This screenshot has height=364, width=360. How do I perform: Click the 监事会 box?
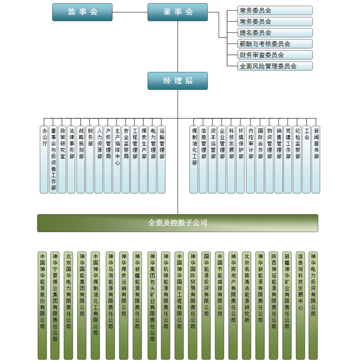coord(82,12)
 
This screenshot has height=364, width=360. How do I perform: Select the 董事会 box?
coord(178,12)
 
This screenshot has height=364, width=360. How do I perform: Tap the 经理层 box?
coord(178,81)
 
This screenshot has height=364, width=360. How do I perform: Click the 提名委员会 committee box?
coord(275,33)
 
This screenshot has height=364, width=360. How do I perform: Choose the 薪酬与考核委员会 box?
coord(275,44)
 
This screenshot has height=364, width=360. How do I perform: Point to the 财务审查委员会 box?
coord(275,55)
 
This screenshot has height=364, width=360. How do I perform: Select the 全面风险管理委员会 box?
coord(275,66)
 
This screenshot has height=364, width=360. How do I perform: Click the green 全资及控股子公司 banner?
coord(178,223)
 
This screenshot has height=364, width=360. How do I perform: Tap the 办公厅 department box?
coord(44,160)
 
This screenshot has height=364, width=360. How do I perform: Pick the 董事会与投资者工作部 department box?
coord(53,160)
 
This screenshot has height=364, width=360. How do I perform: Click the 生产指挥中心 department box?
coord(117,160)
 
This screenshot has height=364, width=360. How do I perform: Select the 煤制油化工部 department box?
coord(194,160)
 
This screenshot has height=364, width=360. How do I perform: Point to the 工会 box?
coord(307,160)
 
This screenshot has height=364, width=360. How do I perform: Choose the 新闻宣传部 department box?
coord(316,160)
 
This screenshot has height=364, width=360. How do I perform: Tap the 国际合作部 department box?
coord(260,160)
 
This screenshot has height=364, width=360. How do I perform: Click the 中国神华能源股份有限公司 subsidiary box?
coord(42,305)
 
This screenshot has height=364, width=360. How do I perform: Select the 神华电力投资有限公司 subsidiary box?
coord(313,305)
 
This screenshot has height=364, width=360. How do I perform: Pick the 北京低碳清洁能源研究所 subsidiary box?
coord(246,305)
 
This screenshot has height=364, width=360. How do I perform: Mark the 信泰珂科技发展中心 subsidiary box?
coord(300,305)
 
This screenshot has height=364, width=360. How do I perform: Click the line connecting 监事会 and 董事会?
coord(130,12)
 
